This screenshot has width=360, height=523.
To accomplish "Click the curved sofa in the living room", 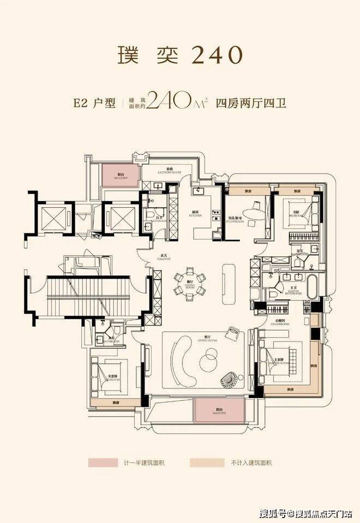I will tap(181, 358).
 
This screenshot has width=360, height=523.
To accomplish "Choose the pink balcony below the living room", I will tap(219, 410).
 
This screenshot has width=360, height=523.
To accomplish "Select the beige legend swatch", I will tap(203, 462).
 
